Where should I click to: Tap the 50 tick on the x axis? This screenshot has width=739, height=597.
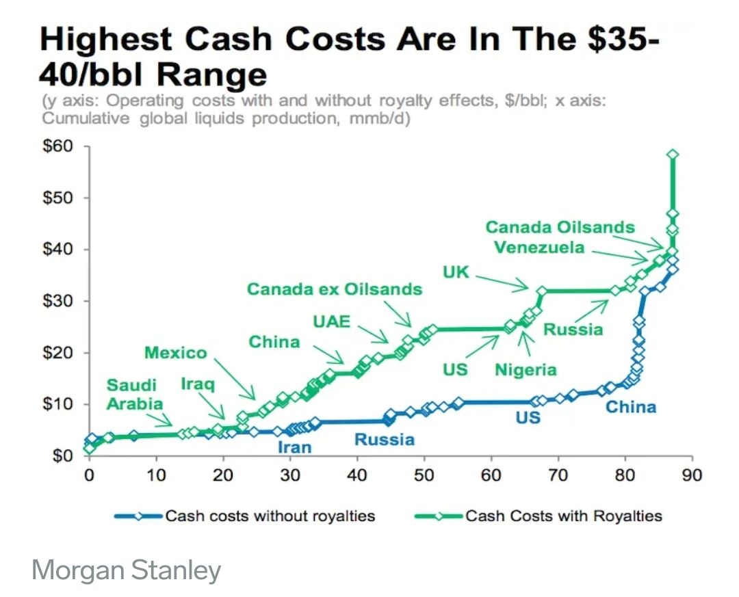coord(424,475)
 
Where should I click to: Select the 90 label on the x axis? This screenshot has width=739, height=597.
coord(692,475)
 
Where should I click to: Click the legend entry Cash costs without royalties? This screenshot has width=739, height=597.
coord(270,515)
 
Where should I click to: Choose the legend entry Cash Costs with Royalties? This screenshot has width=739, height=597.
coord(564,515)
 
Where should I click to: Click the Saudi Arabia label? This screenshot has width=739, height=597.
coord(135,394)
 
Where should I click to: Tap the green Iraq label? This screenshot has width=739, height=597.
coord(198,384)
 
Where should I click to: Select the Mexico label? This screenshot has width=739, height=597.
coord(175,353)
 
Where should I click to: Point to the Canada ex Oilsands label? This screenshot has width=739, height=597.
coord(335,289)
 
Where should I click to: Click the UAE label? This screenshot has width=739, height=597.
coord(332,321)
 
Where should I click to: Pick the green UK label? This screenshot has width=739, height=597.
coord(456,272)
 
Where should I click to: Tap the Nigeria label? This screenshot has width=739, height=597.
coord(526,370)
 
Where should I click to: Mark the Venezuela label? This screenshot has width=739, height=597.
coord(539,247)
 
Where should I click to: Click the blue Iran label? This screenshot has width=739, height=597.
coord(294,447)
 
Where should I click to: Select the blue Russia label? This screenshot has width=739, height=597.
coord(384,439)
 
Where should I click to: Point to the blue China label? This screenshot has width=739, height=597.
coord(631,408)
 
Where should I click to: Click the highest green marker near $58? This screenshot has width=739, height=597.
coord(673,155)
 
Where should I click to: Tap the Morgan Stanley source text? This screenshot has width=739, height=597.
coord(127,570)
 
